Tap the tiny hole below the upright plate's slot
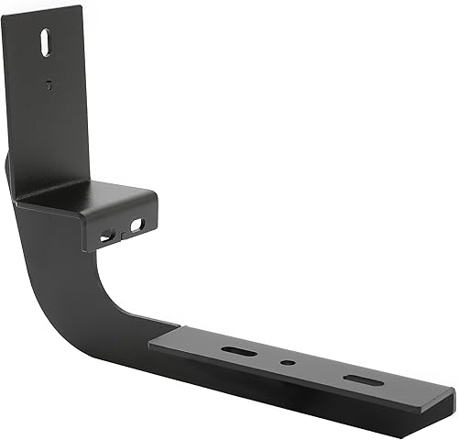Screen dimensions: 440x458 tap(48, 85)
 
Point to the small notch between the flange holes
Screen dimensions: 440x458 tap(122, 236)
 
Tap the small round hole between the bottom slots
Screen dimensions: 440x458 tap(288, 364)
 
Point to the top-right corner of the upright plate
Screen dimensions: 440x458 tap(82, 6)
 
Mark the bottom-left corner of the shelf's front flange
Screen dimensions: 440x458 tap(87, 249)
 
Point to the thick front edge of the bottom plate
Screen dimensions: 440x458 tap(302, 395)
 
